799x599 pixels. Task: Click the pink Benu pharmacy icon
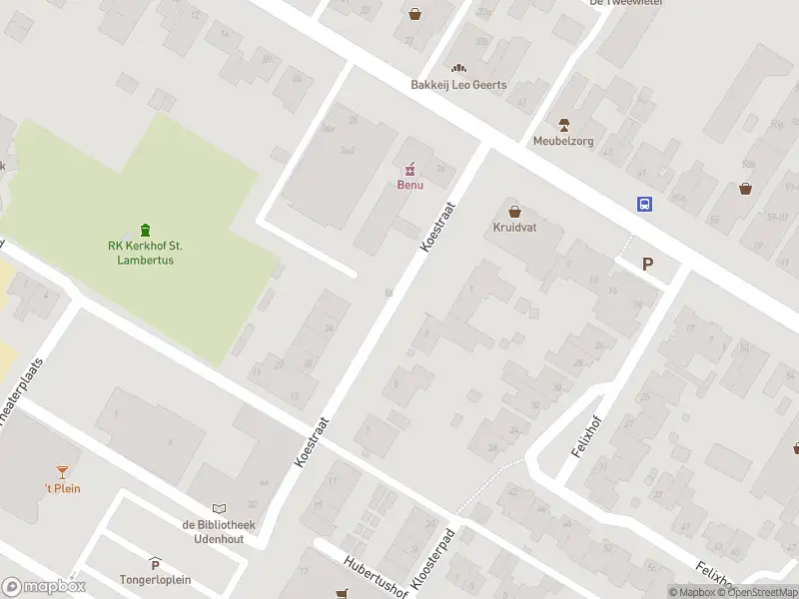coord(408,169)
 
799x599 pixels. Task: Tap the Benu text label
coord(408,186)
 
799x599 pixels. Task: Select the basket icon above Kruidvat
coord(515,212)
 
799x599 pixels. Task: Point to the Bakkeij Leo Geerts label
coord(458,85)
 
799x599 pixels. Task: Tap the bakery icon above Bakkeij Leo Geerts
coord(460,67)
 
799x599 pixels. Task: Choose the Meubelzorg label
coord(563,141)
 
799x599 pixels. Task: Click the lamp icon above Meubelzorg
coord(564,124)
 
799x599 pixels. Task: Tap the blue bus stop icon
coord(645,204)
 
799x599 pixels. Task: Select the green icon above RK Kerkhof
coord(146,230)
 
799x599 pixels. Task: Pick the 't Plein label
coord(62,488)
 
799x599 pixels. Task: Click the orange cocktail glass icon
coord(63,471)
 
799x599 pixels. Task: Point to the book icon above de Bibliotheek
coord(219,509)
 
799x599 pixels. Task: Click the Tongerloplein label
coord(155,580)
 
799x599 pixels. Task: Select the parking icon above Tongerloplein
coord(155,564)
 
